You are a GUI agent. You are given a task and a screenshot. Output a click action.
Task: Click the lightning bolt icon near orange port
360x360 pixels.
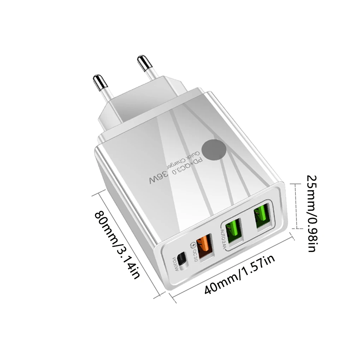click(192, 244)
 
